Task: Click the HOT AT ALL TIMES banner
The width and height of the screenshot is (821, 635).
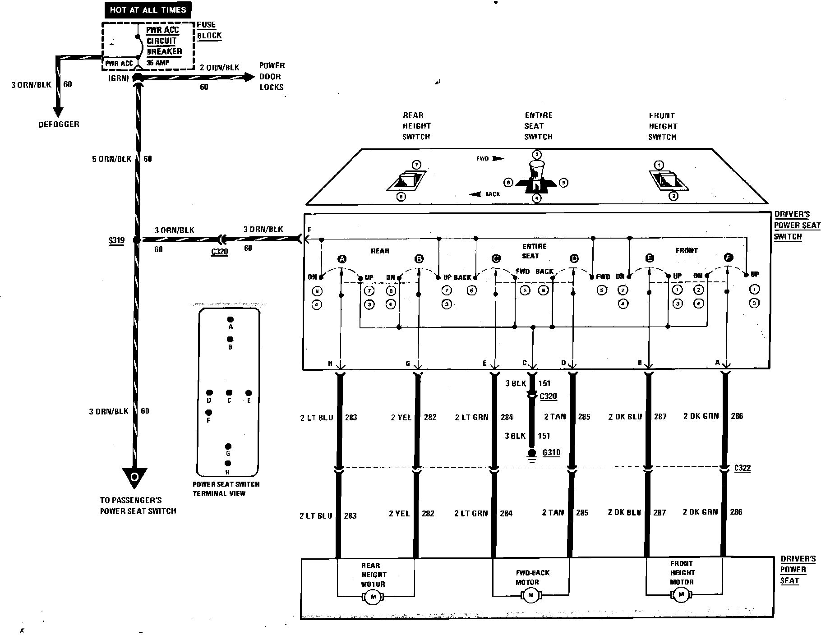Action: click(148, 9)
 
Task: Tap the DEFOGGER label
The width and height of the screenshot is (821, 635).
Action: click(59, 124)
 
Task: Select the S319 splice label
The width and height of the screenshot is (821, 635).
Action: click(116, 240)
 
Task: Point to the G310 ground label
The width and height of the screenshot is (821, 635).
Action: click(551, 452)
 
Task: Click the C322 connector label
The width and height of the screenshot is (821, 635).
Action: click(742, 468)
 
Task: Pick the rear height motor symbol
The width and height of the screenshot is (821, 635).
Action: click(373, 597)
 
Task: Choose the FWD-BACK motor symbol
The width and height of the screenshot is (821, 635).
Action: click(530, 595)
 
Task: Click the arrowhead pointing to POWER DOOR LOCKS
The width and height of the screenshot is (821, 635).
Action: click(249, 78)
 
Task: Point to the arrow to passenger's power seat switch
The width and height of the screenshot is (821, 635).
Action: click(134, 478)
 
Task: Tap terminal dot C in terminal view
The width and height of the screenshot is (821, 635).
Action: click(229, 393)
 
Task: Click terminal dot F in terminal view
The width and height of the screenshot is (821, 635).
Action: click(209, 412)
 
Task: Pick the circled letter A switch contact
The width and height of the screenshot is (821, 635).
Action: click(342, 259)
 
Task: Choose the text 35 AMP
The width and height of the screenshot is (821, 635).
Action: click(157, 63)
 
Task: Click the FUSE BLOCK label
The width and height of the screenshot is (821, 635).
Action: click(209, 30)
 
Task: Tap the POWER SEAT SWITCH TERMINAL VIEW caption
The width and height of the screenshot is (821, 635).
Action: click(226, 488)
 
